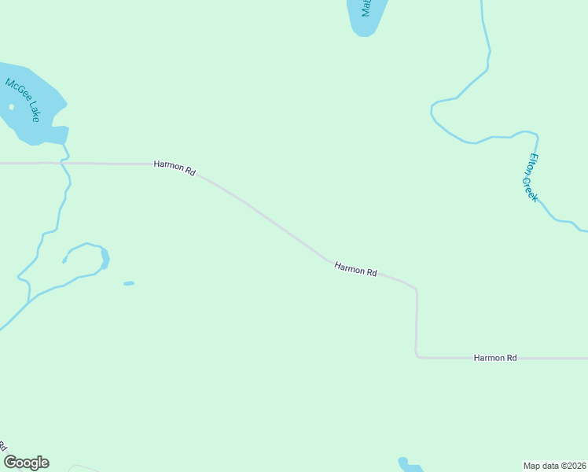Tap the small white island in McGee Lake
click(x=11, y=107)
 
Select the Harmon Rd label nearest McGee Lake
click(x=175, y=167)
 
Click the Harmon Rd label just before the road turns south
click(x=355, y=270)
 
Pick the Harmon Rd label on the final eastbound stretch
click(x=495, y=358)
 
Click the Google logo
click(x=26, y=463)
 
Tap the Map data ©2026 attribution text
click(x=555, y=465)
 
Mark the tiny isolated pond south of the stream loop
click(x=129, y=283)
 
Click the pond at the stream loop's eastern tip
click(x=105, y=257)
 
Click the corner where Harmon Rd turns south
click(x=416, y=289)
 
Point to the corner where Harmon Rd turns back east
click(x=417, y=356)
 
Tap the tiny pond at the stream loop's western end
click(x=64, y=260)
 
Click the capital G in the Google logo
click(x=10, y=463)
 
